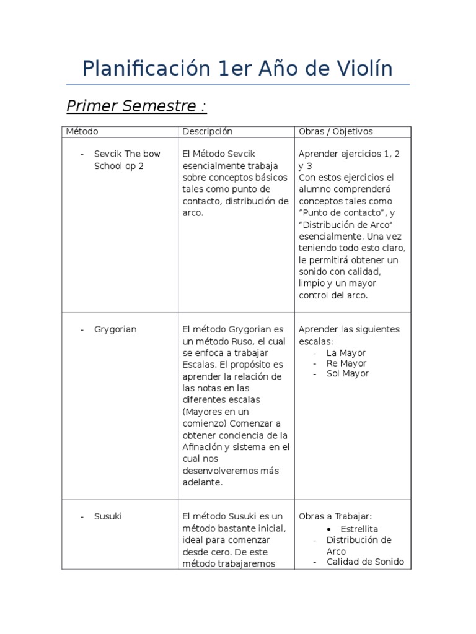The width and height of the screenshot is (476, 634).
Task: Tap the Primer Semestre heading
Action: pyautogui.click(x=136, y=106)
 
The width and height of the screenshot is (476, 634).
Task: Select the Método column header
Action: pyautogui.click(x=82, y=131)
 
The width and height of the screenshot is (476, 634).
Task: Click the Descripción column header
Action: pyautogui.click(x=207, y=131)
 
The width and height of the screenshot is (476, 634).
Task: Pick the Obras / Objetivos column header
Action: pyautogui.click(x=335, y=131)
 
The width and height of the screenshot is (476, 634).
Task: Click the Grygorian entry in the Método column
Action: pyautogui.click(x=115, y=329)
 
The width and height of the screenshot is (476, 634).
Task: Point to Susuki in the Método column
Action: pyautogui.click(x=108, y=516)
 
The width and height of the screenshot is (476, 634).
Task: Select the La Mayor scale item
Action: pyautogui.click(x=346, y=353)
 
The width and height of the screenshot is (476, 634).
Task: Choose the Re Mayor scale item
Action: pyautogui.click(x=346, y=363)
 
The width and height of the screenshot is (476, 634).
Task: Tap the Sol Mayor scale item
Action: pyautogui.click(x=347, y=373)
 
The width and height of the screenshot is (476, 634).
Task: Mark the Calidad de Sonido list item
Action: pyautogui.click(x=365, y=562)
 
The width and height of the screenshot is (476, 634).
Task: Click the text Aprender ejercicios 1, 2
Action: pyautogui.click(x=349, y=154)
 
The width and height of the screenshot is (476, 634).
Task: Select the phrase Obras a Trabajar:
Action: pyautogui.click(x=335, y=516)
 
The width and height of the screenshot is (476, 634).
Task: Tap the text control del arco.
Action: pyautogui.click(x=333, y=295)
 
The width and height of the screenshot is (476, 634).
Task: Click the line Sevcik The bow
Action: pyautogui.click(x=127, y=154)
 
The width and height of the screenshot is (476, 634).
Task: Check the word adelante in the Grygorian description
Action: pyautogui.click(x=201, y=482)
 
